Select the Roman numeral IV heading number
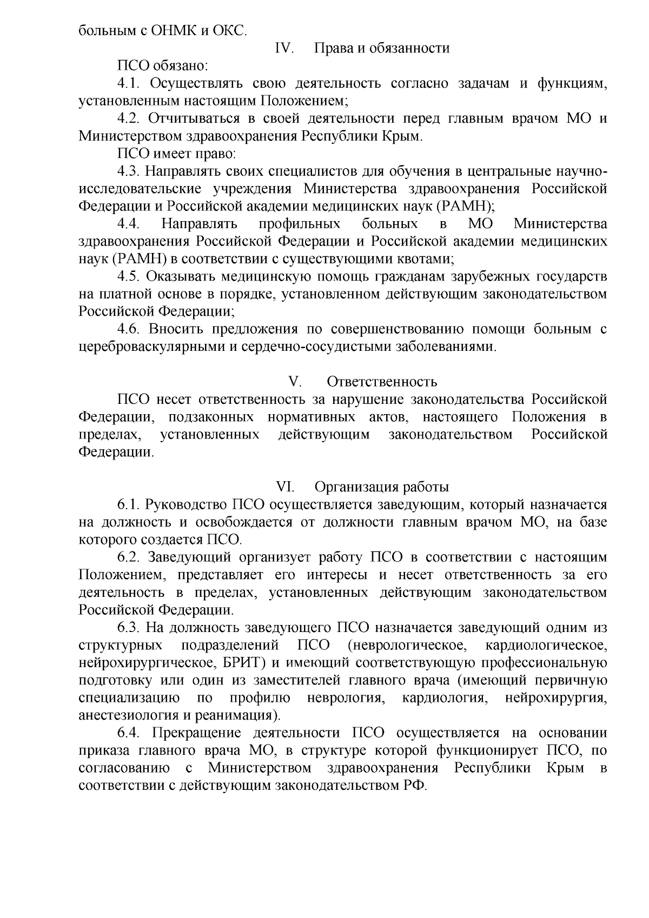click(284, 48)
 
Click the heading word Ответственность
click(382, 382)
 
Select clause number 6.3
click(130, 628)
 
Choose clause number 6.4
click(130, 733)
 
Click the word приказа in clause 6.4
click(103, 750)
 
